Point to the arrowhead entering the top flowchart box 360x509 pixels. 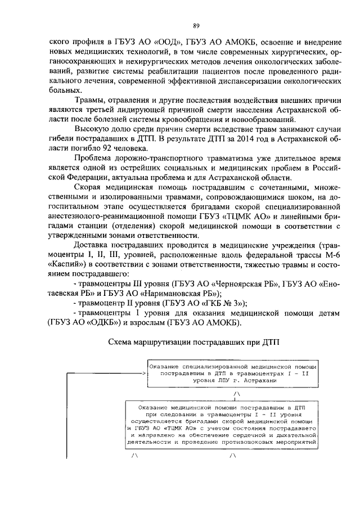pos(144,372)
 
